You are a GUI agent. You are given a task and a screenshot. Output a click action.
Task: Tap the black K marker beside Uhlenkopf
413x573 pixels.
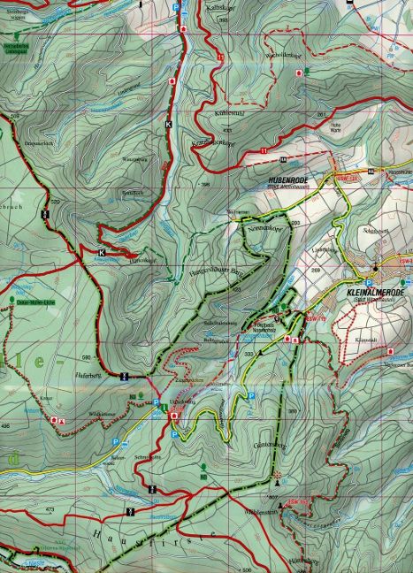click(101, 253)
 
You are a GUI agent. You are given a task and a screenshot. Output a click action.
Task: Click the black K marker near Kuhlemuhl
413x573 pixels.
click(167, 125)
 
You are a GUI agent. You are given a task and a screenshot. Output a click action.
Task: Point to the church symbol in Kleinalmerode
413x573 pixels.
click(375, 268)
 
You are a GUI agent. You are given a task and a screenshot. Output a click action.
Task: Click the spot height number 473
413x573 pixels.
click(50, 510)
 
